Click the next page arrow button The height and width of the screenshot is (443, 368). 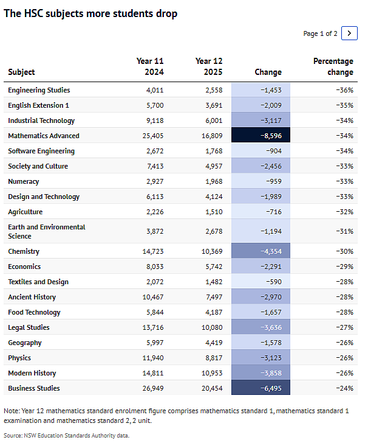pyautogui.click(x=349, y=33)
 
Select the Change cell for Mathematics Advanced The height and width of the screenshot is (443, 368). pyautogui.click(x=261, y=135)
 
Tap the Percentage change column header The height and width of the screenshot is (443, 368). pyautogui.click(x=333, y=66)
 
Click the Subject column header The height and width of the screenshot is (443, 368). pyautogui.click(x=21, y=72)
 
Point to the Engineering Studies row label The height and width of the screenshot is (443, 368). pyautogui.click(x=39, y=90)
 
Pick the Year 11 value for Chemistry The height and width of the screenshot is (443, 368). pyautogui.click(x=153, y=251)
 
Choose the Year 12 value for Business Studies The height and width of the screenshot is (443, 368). pyautogui.click(x=212, y=388)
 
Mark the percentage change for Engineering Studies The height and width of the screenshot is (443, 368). pyautogui.click(x=344, y=90)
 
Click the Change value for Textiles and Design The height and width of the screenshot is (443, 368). pyautogui.click(x=274, y=282)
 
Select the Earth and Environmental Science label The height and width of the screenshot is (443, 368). pyautogui.click(x=47, y=231)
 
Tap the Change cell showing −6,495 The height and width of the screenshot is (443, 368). pyautogui.click(x=261, y=388)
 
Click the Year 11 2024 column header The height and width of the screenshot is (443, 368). pyautogui.click(x=150, y=66)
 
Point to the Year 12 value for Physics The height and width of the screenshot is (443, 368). pyautogui.click(x=214, y=358)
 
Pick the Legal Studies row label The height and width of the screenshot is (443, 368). pyautogui.click(x=29, y=327)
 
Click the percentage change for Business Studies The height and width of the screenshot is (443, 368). pyautogui.click(x=344, y=388)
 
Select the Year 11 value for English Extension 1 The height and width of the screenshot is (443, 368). pyautogui.click(x=155, y=105)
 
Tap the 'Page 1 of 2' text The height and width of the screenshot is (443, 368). pyautogui.click(x=320, y=33)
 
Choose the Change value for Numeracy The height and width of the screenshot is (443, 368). pyautogui.click(x=274, y=181)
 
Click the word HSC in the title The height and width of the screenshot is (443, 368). pyautogui.click(x=33, y=13)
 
